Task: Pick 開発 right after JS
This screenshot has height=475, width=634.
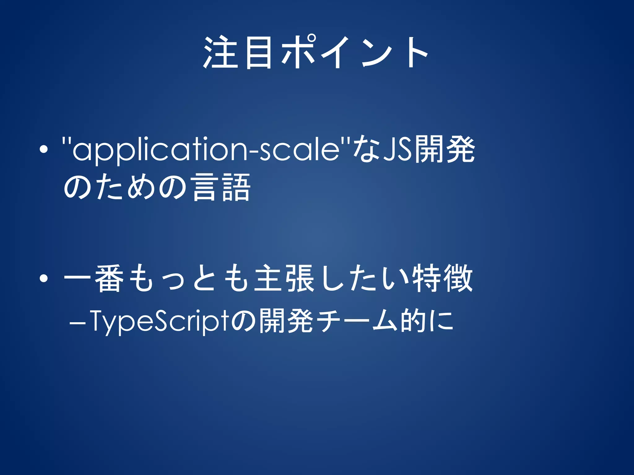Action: (445, 150)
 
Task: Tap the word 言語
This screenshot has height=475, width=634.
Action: (221, 187)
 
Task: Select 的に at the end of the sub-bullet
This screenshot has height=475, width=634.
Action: (427, 322)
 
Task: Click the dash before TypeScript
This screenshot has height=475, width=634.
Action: (77, 323)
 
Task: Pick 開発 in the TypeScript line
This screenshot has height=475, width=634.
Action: (286, 322)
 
